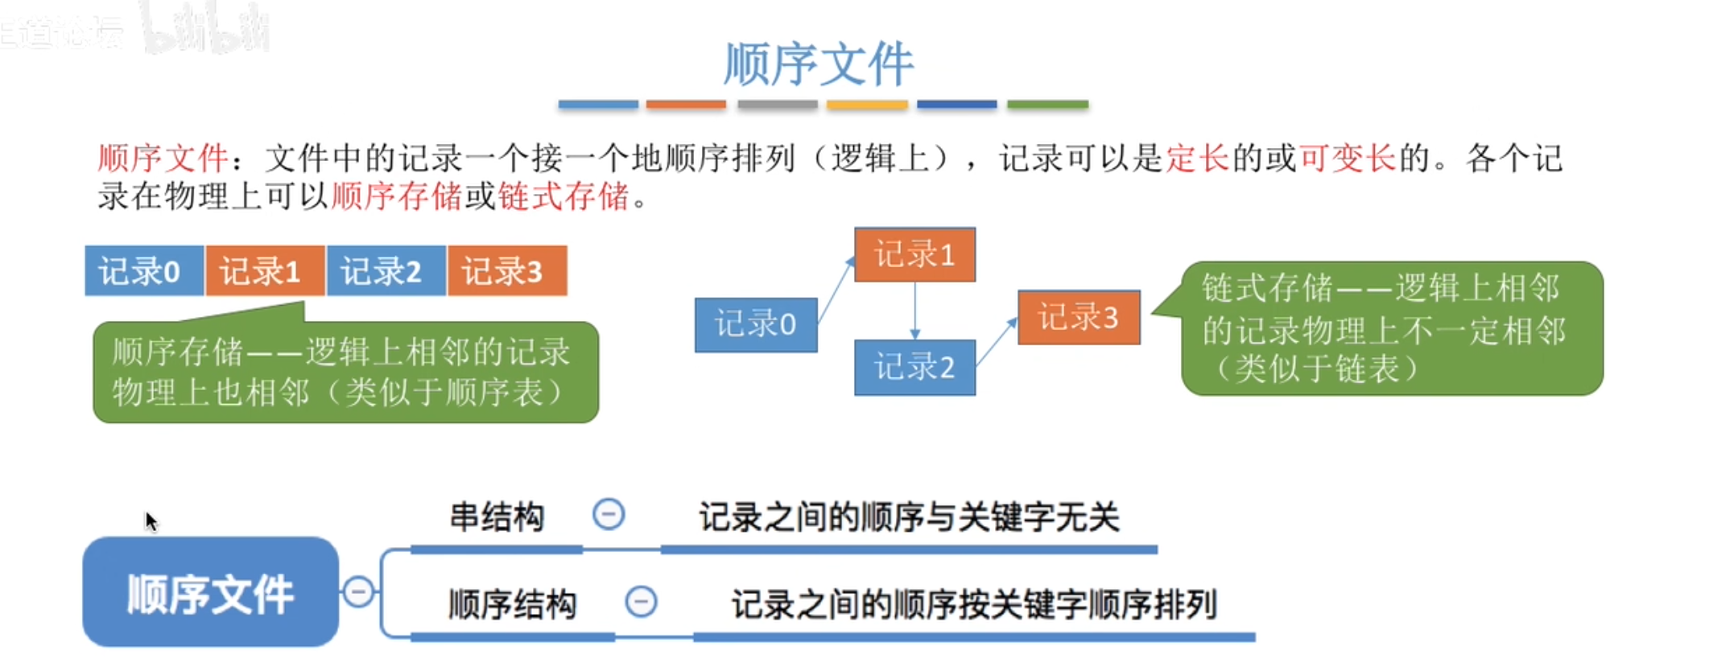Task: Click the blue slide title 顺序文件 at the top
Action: (818, 64)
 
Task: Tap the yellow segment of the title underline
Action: (867, 105)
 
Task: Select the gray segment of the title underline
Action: (777, 105)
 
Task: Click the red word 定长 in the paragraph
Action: (1197, 159)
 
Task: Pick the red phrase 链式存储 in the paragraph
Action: (563, 196)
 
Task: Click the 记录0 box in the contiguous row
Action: (143, 271)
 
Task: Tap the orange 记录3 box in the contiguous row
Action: (507, 271)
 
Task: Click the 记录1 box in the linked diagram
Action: (914, 254)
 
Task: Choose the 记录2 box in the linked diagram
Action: (914, 368)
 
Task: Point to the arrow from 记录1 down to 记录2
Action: (914, 311)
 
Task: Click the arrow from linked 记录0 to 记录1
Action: (836, 290)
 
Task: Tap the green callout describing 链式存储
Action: (1391, 328)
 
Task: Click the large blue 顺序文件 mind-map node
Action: (210, 593)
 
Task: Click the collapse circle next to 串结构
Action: (609, 514)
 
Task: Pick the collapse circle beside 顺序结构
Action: (641, 601)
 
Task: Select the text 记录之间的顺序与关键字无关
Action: (909, 517)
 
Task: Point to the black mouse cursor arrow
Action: (151, 521)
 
